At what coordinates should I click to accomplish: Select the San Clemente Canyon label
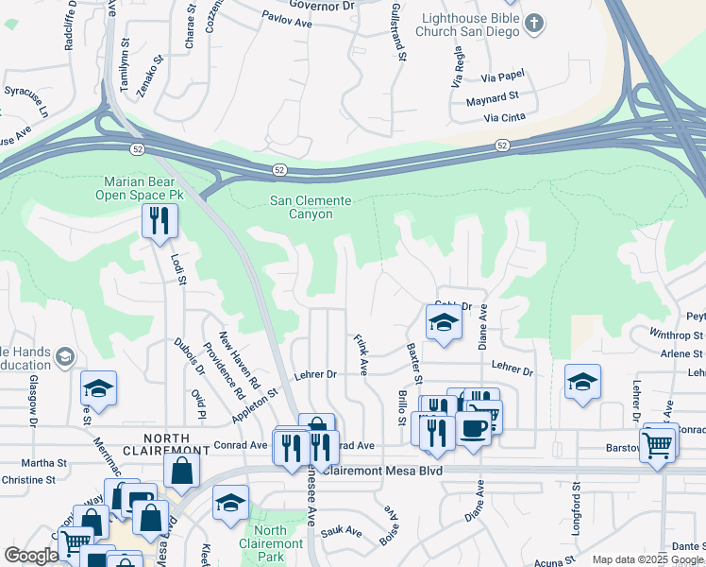coord(311,207)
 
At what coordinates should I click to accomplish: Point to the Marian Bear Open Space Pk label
coord(143,188)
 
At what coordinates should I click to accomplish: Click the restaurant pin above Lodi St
coord(157,222)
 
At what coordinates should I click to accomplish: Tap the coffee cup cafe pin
coord(472,427)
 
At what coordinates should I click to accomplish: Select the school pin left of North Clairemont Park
coord(230,504)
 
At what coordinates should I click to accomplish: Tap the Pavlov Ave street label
coord(286,18)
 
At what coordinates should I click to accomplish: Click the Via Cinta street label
coord(503,118)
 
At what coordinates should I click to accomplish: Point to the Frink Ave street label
coord(360,353)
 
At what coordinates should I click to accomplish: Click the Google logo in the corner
coord(30,556)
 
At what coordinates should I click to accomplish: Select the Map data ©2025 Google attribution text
coord(647,559)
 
